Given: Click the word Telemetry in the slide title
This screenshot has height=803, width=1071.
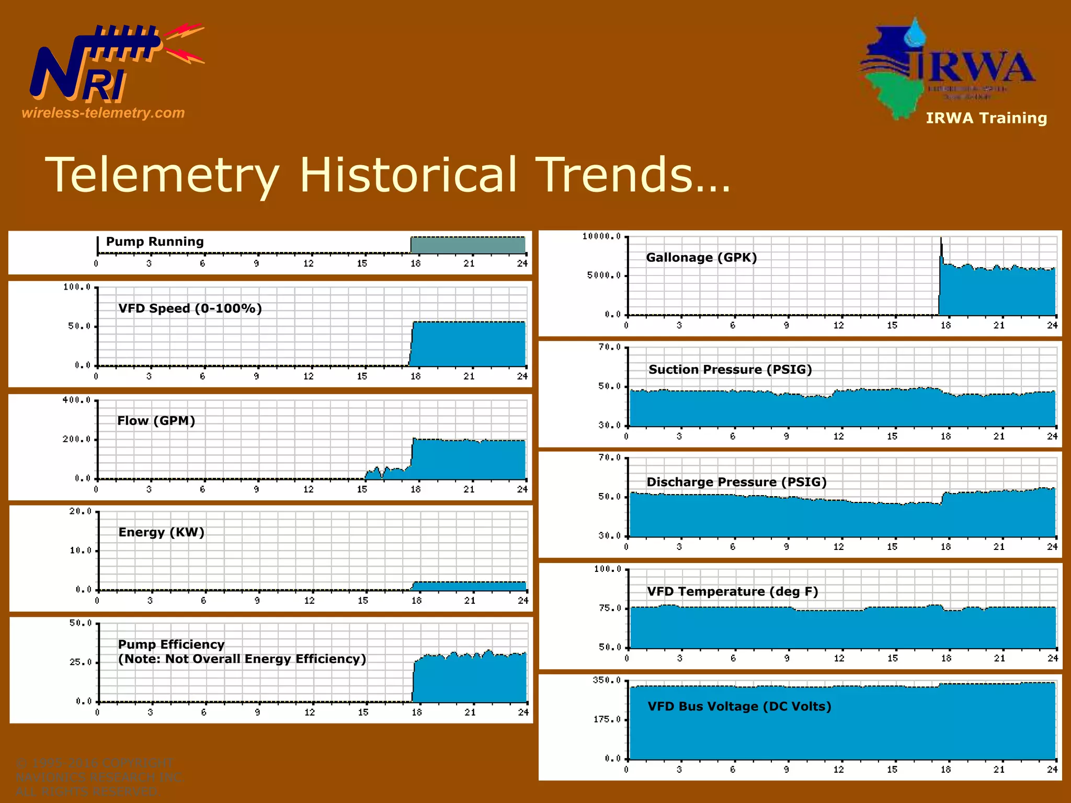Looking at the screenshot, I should click(x=162, y=175).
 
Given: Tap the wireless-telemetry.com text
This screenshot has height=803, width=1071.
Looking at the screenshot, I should click(x=103, y=113).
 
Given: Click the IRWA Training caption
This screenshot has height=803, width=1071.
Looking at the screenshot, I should click(x=986, y=118).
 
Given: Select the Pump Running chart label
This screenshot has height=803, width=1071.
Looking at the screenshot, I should click(x=155, y=242).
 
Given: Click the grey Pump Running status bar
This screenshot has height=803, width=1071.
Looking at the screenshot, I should click(x=468, y=245).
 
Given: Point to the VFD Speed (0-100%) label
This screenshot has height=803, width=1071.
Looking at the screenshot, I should click(x=190, y=308).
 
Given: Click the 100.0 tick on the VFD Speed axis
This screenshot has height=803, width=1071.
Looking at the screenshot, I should click(x=77, y=287).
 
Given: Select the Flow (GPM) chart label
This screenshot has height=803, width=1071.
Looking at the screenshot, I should click(x=156, y=421).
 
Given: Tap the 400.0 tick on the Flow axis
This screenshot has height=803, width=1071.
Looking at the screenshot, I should click(x=76, y=400).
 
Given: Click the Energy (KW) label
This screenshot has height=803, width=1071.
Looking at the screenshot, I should click(x=161, y=532).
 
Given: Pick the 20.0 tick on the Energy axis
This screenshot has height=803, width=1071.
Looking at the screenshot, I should click(x=80, y=511).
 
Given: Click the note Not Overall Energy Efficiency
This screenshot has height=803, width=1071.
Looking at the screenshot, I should click(x=242, y=659).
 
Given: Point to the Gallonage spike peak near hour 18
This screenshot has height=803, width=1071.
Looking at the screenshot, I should click(x=941, y=239).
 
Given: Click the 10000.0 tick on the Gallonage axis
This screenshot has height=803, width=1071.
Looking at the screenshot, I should click(x=601, y=236).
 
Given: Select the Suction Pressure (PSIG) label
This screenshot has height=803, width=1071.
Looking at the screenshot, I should click(x=730, y=370).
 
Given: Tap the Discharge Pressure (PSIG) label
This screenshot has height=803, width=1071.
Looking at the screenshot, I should click(x=736, y=482).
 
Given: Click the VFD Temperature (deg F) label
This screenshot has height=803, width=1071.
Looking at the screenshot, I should click(x=732, y=592).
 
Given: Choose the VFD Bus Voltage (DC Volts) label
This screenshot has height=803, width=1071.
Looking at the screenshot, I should click(x=739, y=707).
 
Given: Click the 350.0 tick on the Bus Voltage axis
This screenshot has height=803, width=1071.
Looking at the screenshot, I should click(x=607, y=680).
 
